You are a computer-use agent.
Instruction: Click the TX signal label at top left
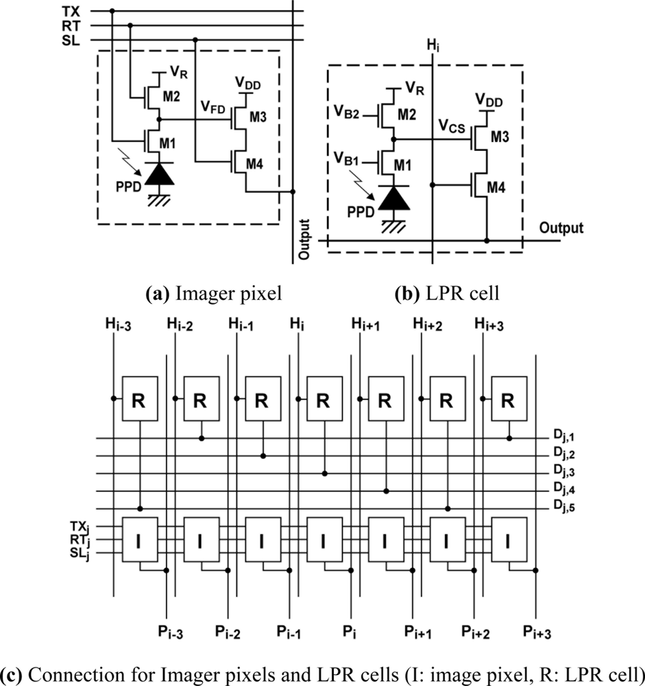click(x=69, y=11)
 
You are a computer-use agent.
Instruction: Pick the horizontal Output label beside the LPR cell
click(x=561, y=228)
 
